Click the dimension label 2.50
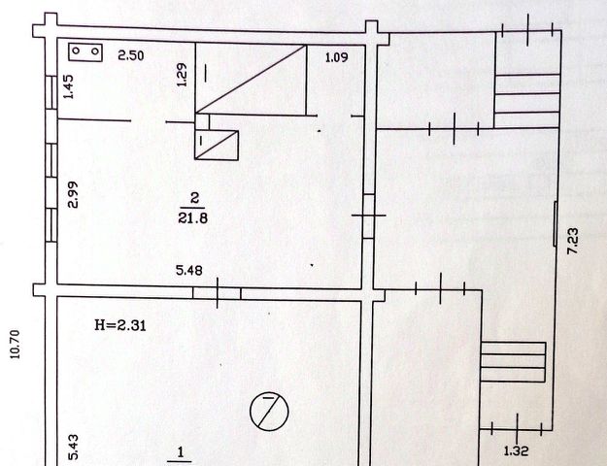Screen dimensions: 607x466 130,55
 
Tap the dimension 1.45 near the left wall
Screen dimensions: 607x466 68,87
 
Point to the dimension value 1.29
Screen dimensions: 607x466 182,75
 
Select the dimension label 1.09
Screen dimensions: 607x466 335,56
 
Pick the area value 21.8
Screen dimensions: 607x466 194,219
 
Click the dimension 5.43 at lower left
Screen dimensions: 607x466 72,446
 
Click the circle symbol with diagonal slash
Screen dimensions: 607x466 269,411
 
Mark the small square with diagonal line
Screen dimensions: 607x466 217,145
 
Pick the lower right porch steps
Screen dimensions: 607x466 514,361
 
